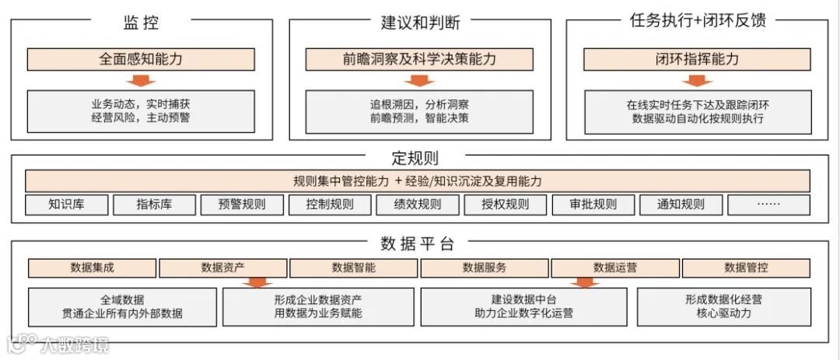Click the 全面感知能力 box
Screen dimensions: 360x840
[x=141, y=59]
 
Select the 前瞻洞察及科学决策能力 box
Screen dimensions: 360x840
[x=419, y=59]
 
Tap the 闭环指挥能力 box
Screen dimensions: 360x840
[x=697, y=59]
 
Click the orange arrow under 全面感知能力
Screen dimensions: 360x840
[x=141, y=80]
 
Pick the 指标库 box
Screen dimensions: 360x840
[x=153, y=204]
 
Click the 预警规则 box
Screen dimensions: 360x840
[x=241, y=204]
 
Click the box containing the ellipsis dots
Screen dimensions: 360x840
[x=768, y=204]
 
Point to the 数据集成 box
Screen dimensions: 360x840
[x=92, y=267]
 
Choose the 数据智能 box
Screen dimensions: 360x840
[x=353, y=267]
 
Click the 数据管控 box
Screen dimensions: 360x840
[x=746, y=267]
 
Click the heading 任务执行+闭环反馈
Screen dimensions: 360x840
[x=697, y=21]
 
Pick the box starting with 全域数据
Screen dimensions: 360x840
[x=122, y=306]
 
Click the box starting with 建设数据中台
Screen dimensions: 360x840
[x=523, y=306]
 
